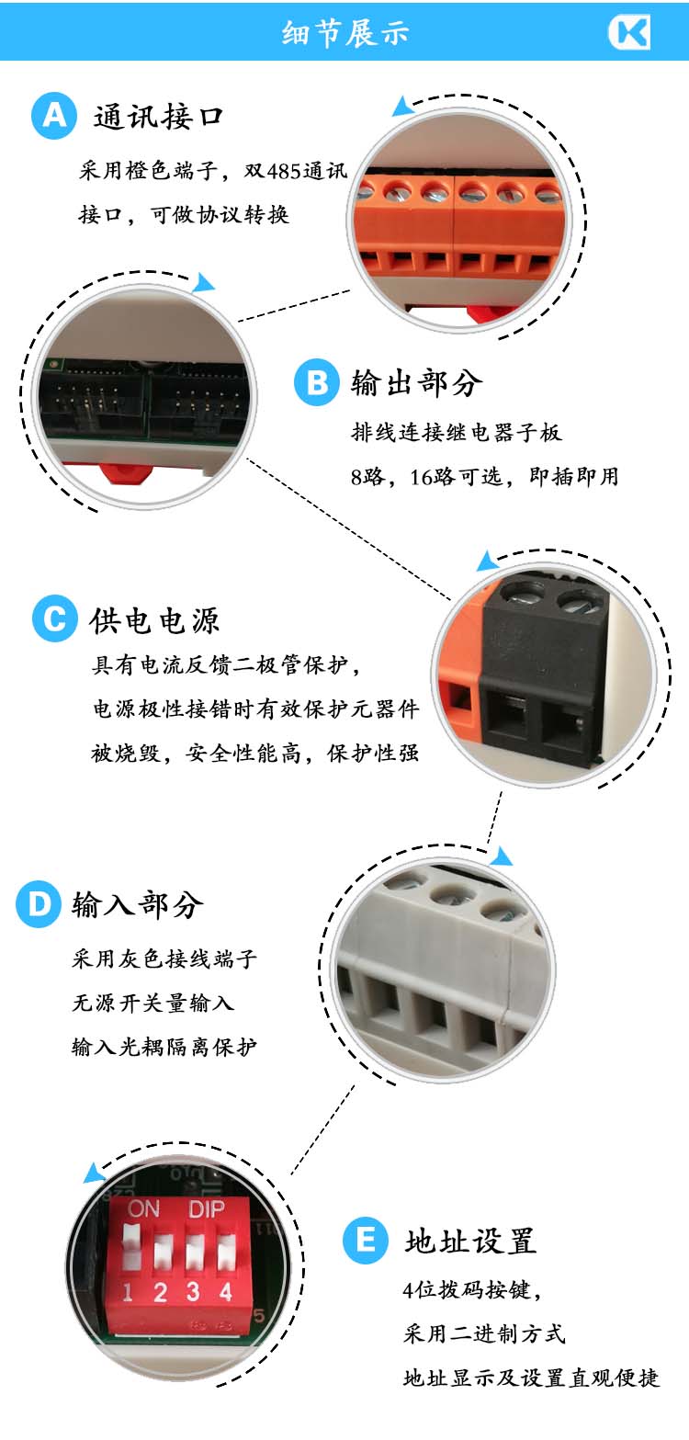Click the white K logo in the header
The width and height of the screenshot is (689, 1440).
(629, 32)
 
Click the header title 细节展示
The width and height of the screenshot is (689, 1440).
(344, 33)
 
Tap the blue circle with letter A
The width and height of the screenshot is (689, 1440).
(53, 117)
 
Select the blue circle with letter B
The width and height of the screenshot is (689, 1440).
(316, 383)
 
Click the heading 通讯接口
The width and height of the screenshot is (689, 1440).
(158, 118)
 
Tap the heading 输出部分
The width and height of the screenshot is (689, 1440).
(416, 383)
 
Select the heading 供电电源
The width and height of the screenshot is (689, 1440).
(154, 620)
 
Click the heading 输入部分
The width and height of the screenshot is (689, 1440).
(138, 904)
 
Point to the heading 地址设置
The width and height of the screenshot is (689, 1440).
(469, 1242)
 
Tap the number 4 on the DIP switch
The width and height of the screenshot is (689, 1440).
(225, 1291)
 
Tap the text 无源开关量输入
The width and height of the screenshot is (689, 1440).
(152, 1003)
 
